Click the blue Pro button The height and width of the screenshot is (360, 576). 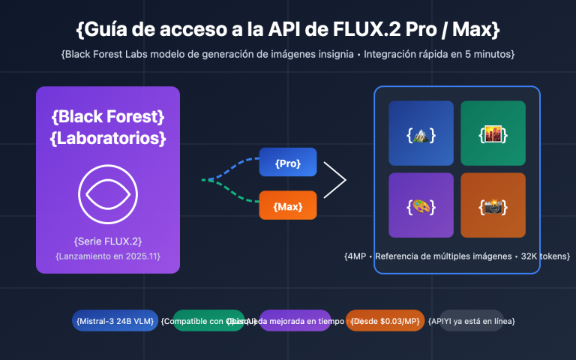click(x=288, y=163)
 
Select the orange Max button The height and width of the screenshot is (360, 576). click(x=288, y=205)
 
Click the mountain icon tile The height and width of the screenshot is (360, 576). click(x=421, y=134)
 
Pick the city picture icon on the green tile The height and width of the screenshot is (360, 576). click(x=493, y=134)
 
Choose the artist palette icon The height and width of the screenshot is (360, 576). click(x=421, y=205)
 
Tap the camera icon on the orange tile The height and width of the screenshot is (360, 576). click(x=493, y=205)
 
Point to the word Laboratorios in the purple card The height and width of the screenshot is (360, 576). click(x=108, y=139)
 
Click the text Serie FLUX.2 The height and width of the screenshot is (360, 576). click(x=108, y=241)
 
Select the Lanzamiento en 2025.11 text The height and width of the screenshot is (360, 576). click(x=108, y=256)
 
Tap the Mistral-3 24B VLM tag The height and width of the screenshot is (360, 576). click(x=115, y=321)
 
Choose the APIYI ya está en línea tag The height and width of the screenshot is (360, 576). click(x=478, y=321)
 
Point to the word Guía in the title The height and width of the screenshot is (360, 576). click(x=109, y=30)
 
